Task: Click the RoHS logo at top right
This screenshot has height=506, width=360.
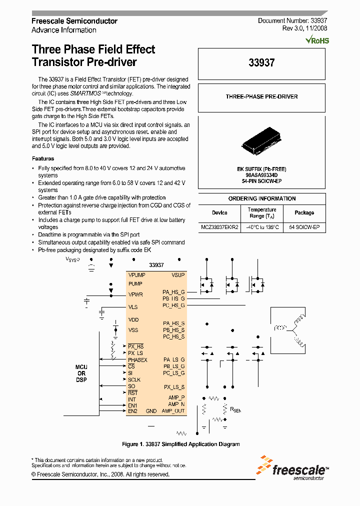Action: pos(317,40)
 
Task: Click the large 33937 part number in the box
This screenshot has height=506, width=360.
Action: pos(262,63)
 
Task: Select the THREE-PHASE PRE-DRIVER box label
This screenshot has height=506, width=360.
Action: pos(261,96)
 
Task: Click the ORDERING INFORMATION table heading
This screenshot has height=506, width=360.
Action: pos(261,198)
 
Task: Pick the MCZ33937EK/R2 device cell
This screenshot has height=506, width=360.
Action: pos(219,227)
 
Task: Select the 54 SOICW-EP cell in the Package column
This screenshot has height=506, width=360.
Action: pos(304,227)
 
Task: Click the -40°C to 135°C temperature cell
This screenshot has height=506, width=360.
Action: pos(261,227)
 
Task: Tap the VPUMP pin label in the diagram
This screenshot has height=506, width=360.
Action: pos(136,275)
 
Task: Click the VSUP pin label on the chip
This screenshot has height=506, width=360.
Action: pos(178,275)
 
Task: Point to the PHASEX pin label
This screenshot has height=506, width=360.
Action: pos(137,359)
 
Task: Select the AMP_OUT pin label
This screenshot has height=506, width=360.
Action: pos(173,411)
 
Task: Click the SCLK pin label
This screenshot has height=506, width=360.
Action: pos(134,379)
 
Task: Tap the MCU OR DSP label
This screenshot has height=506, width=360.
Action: pos(81,373)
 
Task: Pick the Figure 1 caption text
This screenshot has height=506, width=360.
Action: pos(181,444)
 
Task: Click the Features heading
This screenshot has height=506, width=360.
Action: pos(43,158)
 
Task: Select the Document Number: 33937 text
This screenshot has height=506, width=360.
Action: pos(292,21)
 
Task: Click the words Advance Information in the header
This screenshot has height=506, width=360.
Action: pos(64,30)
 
